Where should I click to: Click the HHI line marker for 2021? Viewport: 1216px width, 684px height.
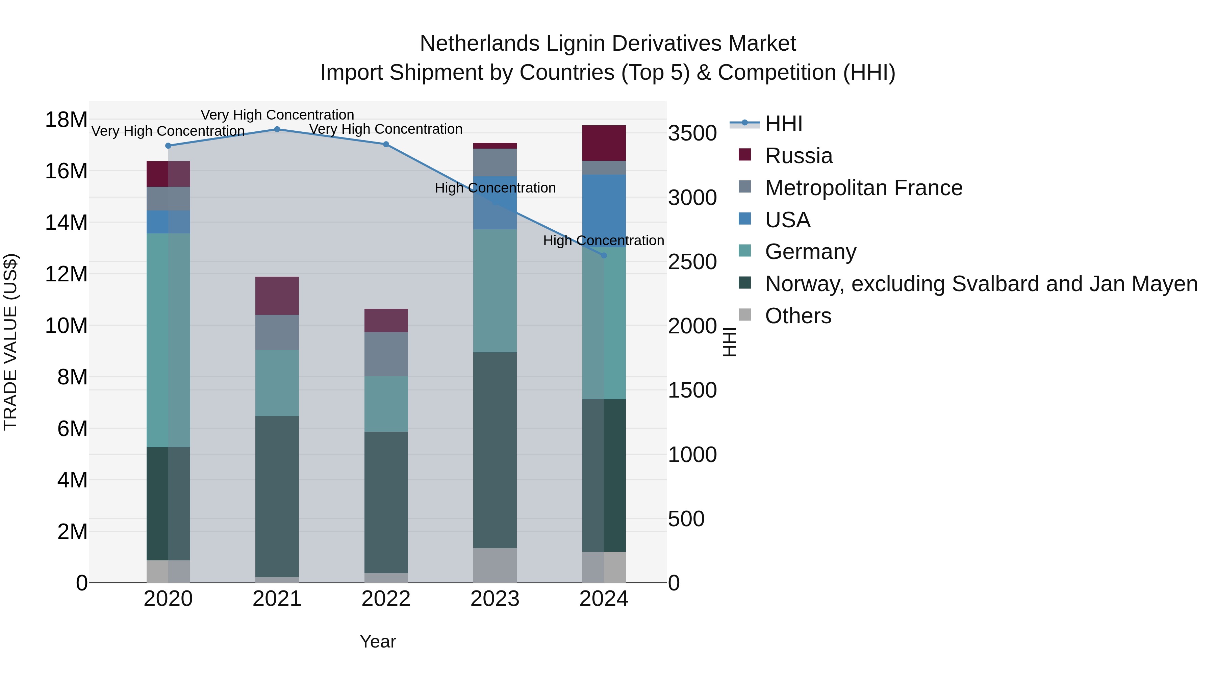tap(277, 129)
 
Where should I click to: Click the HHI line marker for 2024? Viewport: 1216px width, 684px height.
tap(604, 255)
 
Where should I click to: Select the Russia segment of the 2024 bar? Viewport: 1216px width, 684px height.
tap(604, 143)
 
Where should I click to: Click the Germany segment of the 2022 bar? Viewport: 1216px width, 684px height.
tap(386, 404)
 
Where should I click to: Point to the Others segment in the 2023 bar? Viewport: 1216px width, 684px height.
tap(495, 565)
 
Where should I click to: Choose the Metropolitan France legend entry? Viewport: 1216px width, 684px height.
tap(863, 188)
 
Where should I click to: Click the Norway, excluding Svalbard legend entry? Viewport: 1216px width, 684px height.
tap(981, 284)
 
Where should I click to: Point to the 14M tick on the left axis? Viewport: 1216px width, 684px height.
tap(66, 222)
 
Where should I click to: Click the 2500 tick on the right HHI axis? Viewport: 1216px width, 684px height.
tap(692, 262)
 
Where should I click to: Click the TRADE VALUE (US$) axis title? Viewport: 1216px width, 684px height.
tap(10, 342)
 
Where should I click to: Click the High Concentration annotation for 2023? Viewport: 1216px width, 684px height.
tap(495, 188)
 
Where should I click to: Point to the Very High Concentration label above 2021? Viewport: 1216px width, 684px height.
tap(277, 115)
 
